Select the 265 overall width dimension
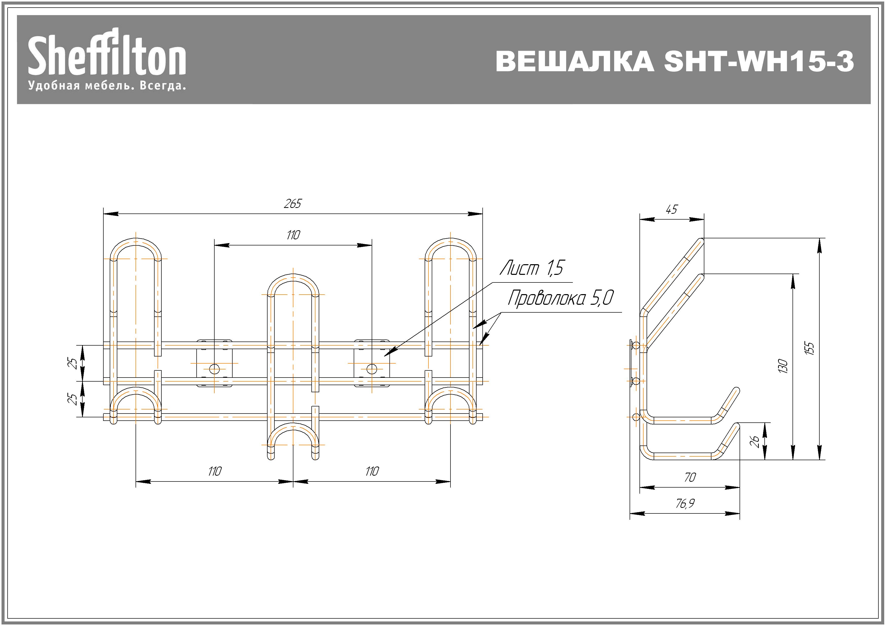pyautogui.click(x=292, y=204)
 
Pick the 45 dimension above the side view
pyautogui.click(x=671, y=210)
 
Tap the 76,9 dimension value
pyautogui.click(x=685, y=504)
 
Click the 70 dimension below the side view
pyautogui.click(x=690, y=478)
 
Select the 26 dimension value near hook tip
pyautogui.click(x=755, y=441)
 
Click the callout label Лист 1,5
pyautogui.click(x=532, y=268)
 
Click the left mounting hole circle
pyautogui.click(x=215, y=369)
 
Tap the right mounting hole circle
pyautogui.click(x=372, y=369)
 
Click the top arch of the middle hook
pyautogui.click(x=293, y=277)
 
